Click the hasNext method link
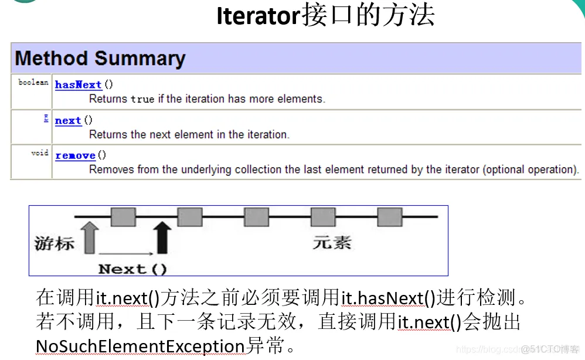[79, 85]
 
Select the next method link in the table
[68, 121]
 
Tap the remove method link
[75, 156]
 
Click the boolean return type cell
[33, 83]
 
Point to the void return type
[40, 153]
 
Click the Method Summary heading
[100, 59]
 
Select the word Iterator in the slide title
[258, 16]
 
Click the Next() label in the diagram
[132, 270]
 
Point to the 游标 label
[55, 243]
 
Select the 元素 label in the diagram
[332, 242]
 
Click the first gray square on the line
[123, 217]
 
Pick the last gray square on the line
[389, 217]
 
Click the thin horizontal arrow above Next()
[126, 253]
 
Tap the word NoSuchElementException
[140, 347]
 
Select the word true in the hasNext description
[142, 100]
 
